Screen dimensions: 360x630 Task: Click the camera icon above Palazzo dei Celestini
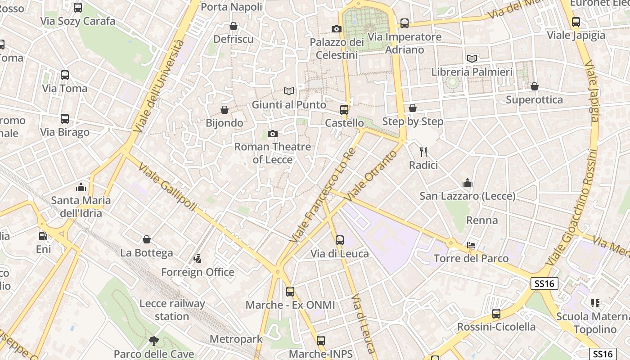pyautogui.click(x=336, y=29)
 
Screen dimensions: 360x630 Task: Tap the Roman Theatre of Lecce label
pyautogui.click(x=272, y=153)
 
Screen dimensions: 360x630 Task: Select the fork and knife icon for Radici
pyautogui.click(x=423, y=152)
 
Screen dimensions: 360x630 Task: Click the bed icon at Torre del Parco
pyautogui.click(x=471, y=245)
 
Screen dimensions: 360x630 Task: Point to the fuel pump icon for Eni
pyautogui.click(x=43, y=236)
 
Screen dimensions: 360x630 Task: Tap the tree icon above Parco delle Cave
pyautogui.click(x=153, y=341)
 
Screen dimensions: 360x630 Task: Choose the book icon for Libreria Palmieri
pyautogui.click(x=472, y=58)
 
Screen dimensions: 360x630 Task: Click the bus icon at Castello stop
pyautogui.click(x=344, y=110)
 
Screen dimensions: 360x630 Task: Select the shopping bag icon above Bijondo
pyautogui.click(x=225, y=110)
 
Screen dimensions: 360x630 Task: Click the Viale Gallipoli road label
pyautogui.click(x=167, y=187)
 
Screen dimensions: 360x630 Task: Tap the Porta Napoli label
pyautogui.click(x=231, y=7)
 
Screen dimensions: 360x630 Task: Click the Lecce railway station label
pyautogui.click(x=172, y=310)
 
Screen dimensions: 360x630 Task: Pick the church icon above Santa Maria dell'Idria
pyautogui.click(x=81, y=187)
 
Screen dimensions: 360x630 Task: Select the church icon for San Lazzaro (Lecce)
pyautogui.click(x=468, y=183)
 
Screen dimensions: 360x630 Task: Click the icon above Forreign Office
pyautogui.click(x=197, y=259)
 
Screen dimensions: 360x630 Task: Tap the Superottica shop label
pyautogui.click(x=534, y=99)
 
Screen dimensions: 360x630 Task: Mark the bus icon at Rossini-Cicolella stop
pyautogui.click(x=496, y=314)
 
